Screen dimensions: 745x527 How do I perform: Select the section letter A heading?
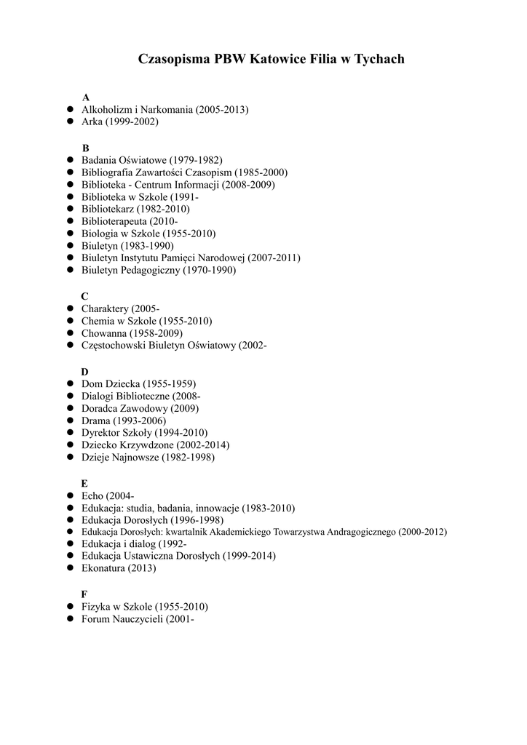coord(86,97)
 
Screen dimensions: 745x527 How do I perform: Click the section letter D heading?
coord(85,371)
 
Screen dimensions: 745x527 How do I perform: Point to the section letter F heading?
coord(84,594)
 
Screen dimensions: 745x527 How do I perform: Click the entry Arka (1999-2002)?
coord(119,121)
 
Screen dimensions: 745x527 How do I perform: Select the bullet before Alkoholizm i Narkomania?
coord(72,109)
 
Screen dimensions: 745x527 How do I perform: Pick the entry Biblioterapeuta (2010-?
coord(129,221)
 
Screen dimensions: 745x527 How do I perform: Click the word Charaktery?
coord(105,308)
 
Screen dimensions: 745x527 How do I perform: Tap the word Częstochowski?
coord(113,345)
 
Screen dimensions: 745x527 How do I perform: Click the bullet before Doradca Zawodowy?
coord(72,408)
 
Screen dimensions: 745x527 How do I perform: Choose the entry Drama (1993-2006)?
coord(123,421)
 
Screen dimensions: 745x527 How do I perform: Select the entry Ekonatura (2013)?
coord(119,568)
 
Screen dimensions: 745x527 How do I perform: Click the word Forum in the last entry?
coord(95,619)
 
